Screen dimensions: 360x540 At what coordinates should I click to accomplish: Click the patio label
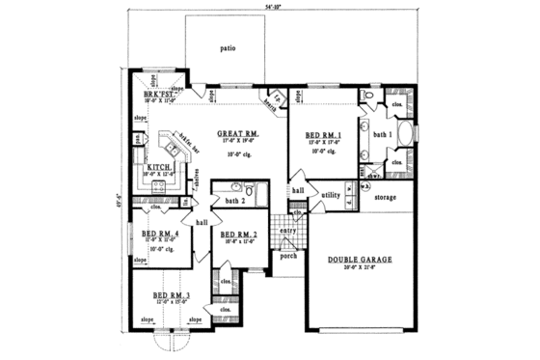click(227, 45)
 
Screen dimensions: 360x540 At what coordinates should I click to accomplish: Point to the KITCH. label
click(159, 167)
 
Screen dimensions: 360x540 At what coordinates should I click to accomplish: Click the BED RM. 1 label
click(323, 136)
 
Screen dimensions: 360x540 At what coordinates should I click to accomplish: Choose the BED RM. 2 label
click(238, 235)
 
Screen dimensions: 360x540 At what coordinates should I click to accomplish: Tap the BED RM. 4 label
click(156, 234)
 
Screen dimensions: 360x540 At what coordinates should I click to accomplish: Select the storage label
click(387, 198)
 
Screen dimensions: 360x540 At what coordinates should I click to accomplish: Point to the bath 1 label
click(382, 134)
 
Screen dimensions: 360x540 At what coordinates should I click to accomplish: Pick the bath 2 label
click(231, 200)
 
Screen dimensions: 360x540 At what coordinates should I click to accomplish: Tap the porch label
click(287, 257)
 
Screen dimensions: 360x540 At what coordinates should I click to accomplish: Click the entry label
click(288, 231)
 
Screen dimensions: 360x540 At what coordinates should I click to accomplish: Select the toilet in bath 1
click(366, 95)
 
